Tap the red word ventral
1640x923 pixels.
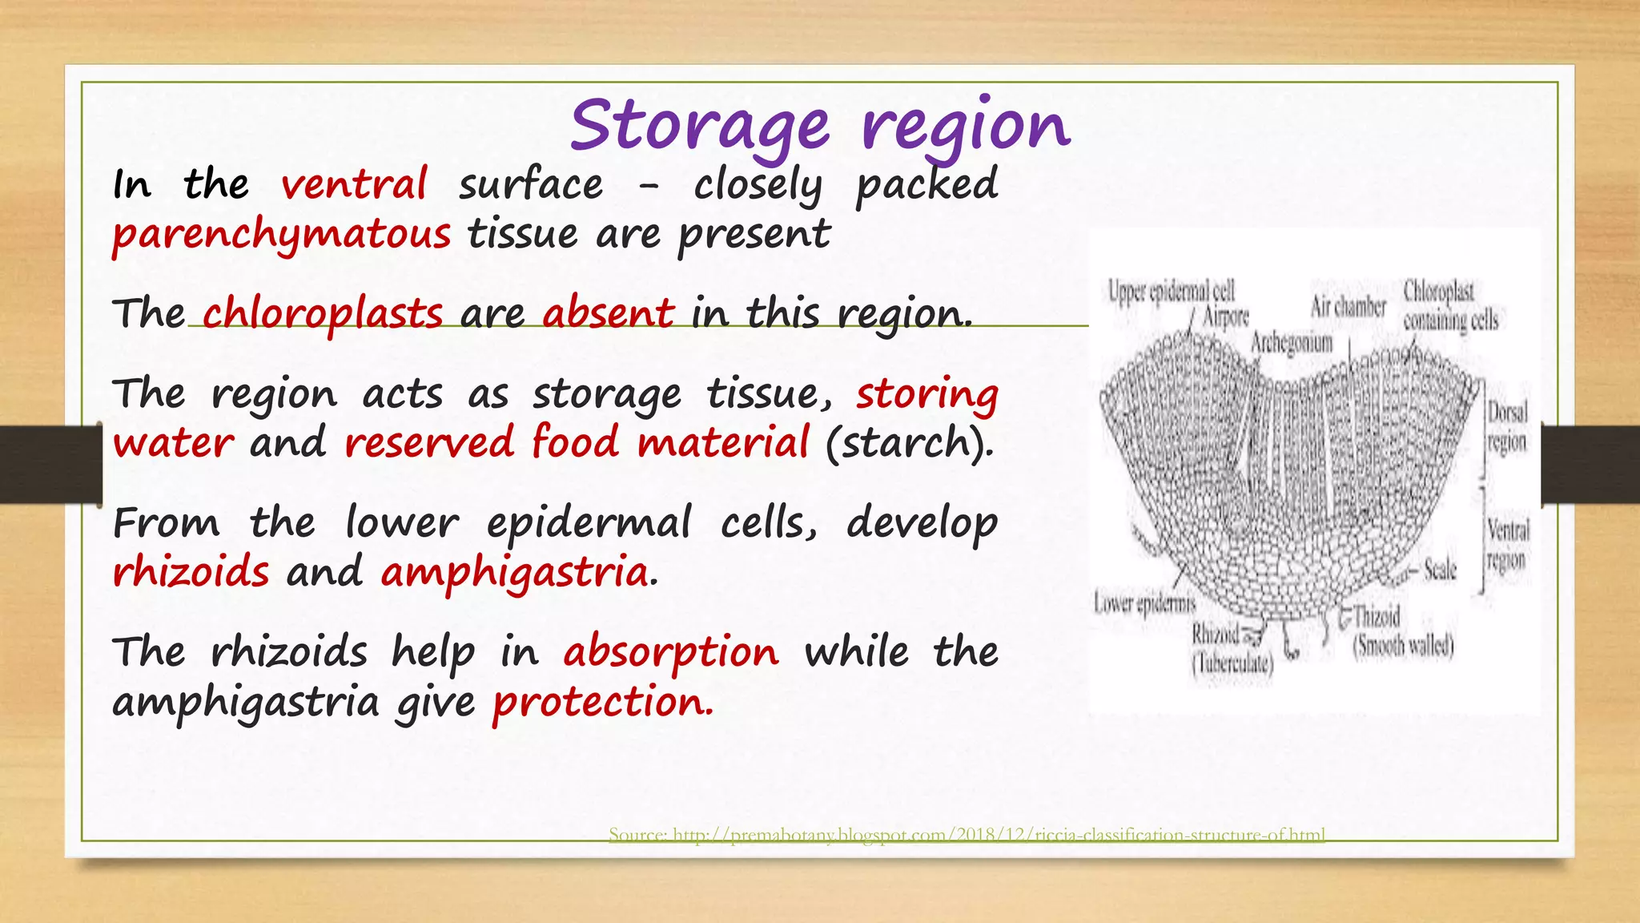point(354,184)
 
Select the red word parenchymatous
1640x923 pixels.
point(281,235)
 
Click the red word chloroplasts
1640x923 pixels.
point(322,313)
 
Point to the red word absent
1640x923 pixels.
point(608,313)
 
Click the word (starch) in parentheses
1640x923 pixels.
point(909,443)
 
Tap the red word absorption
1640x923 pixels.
point(670,651)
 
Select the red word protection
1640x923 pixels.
point(601,703)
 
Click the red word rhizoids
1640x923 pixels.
point(191,573)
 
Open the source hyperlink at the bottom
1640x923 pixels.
point(967,835)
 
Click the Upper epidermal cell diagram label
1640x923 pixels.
point(1171,291)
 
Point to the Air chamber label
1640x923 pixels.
point(1348,306)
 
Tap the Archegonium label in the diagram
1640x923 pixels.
point(1292,343)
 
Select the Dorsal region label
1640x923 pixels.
point(1507,427)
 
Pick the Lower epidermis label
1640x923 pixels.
point(1144,603)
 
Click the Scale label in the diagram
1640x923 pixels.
point(1439,570)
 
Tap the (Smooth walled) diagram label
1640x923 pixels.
point(1403,646)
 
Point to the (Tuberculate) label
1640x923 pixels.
point(1232,663)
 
